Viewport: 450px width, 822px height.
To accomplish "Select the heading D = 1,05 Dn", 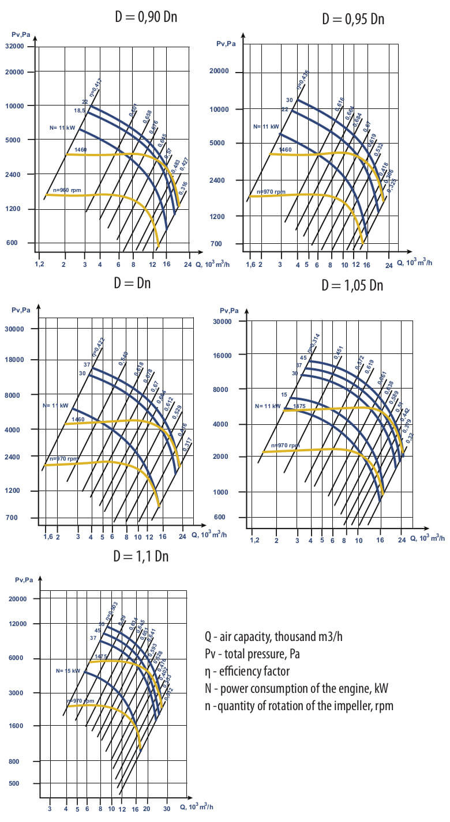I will [x=352, y=285].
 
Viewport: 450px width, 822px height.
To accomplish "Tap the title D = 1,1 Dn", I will [x=141, y=556].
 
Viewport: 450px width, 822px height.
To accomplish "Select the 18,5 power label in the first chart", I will [x=80, y=110].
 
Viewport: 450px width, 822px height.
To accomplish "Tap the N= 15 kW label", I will [x=68, y=671].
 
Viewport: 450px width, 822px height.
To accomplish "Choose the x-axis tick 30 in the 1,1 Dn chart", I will [x=167, y=809].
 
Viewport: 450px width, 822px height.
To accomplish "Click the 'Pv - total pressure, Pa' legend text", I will [x=252, y=654].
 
